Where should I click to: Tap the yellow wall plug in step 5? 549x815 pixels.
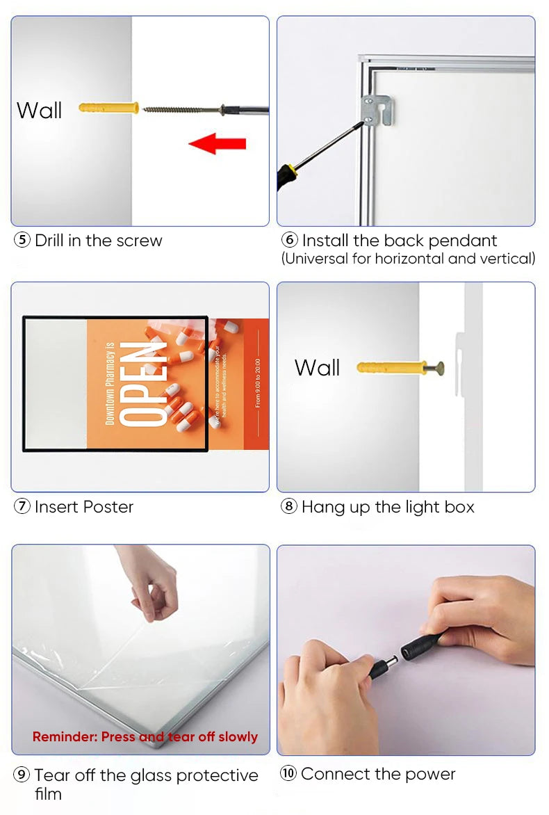pyautogui.click(x=108, y=108)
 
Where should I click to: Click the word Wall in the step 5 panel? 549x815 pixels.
pyautogui.click(x=40, y=111)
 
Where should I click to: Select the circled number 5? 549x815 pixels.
pyautogui.click(x=23, y=241)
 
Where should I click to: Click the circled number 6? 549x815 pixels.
pyautogui.click(x=290, y=241)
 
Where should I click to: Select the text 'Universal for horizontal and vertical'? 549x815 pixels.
pyautogui.click(x=408, y=259)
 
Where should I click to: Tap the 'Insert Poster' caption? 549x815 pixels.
pyautogui.click(x=83, y=507)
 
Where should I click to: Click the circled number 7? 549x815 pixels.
pyautogui.click(x=22, y=507)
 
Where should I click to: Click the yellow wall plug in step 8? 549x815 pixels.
pyautogui.click(x=393, y=367)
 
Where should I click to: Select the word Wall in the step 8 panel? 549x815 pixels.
pyautogui.click(x=317, y=368)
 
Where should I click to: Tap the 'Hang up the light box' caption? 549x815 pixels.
pyautogui.click(x=387, y=507)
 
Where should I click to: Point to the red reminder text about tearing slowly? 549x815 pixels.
pyautogui.click(x=145, y=736)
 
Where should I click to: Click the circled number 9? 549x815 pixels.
pyautogui.click(x=22, y=775)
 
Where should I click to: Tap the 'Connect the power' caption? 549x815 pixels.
pyautogui.click(x=378, y=774)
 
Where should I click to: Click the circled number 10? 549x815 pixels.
pyautogui.click(x=288, y=774)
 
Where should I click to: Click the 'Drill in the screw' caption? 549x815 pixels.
pyautogui.click(x=98, y=241)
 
